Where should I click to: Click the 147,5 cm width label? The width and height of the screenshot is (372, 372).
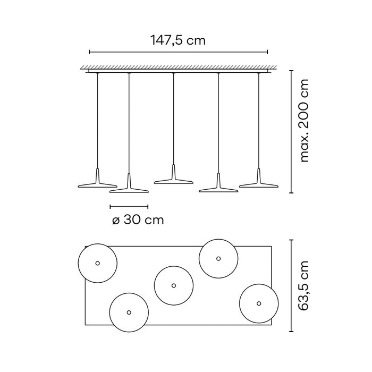pos(178,40)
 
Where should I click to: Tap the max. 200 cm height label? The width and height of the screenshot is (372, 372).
pos(304,121)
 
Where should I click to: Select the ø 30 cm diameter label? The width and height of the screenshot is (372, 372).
pos(138,220)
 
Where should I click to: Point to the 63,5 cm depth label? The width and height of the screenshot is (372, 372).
pos(303,286)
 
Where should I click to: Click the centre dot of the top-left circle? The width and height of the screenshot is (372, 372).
pos(97,263)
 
